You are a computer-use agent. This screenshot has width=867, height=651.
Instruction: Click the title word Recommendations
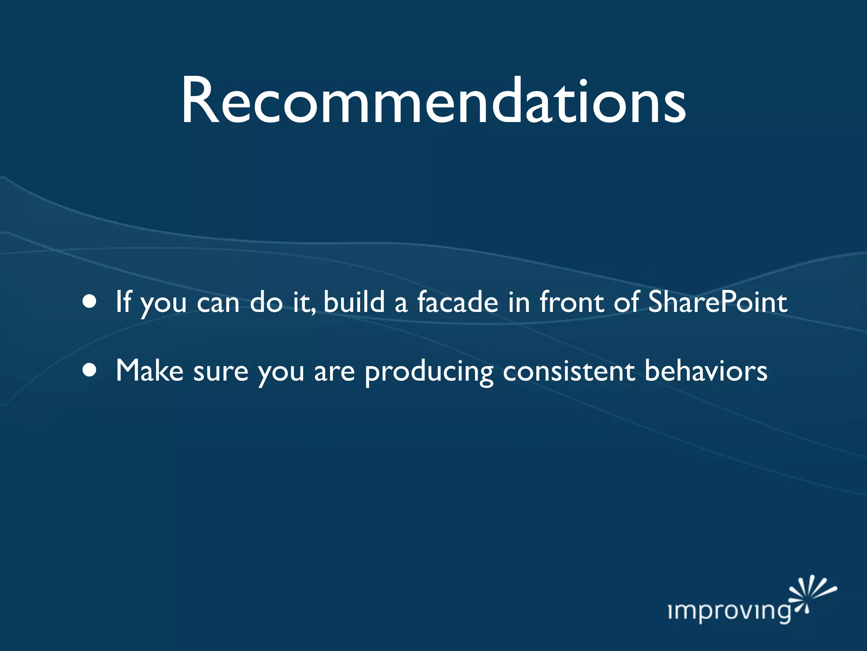tap(433, 102)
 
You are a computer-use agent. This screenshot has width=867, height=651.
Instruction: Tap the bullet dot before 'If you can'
tap(90, 302)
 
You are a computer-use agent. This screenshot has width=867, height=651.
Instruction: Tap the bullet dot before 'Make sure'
tap(90, 370)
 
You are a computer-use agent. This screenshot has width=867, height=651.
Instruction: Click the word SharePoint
tap(718, 302)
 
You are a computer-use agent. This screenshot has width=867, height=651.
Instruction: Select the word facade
tap(458, 302)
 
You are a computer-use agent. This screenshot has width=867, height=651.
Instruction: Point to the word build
tap(354, 302)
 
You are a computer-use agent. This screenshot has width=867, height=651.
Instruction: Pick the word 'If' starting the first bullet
tap(123, 302)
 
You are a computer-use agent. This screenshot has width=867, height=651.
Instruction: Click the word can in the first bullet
tap(218, 304)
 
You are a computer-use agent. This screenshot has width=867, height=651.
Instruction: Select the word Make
tap(149, 370)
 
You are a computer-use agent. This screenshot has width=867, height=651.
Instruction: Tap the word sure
tap(221, 372)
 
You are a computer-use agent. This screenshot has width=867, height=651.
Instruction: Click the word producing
tap(429, 372)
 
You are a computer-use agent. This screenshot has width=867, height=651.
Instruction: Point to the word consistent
tap(569, 371)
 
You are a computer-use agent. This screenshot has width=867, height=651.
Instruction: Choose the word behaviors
tap(706, 370)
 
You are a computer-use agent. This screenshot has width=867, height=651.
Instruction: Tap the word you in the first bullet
tap(163, 305)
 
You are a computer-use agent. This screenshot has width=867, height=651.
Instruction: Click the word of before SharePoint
tap(626, 302)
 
